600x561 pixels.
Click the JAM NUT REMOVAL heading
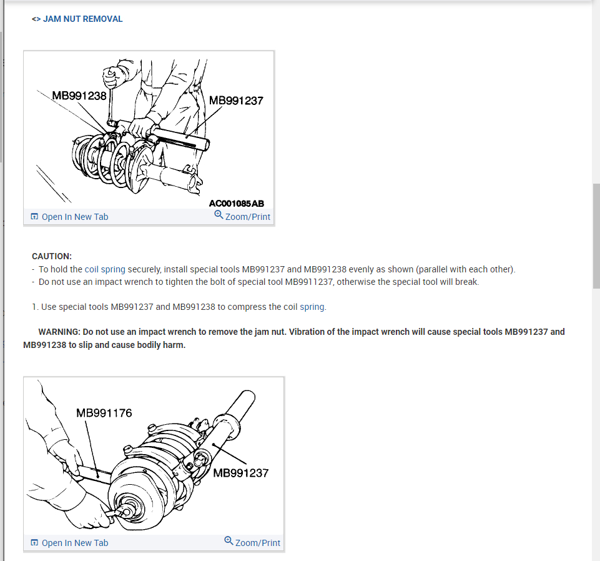click(x=82, y=19)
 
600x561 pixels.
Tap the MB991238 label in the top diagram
click(x=79, y=96)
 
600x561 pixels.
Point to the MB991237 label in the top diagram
click(x=236, y=100)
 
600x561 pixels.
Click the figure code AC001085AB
click(x=237, y=204)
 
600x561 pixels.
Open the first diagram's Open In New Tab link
click(x=74, y=217)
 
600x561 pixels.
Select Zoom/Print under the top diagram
click(x=247, y=217)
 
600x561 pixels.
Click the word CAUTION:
click(x=52, y=256)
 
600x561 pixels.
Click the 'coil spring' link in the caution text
click(x=105, y=269)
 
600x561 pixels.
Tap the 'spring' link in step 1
click(x=313, y=307)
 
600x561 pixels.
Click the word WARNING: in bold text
click(x=60, y=332)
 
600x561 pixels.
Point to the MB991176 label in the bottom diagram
click(x=104, y=413)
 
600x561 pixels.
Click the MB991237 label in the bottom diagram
click(x=240, y=473)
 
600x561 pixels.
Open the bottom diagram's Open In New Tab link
click(x=74, y=543)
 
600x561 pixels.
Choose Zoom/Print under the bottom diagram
click(x=257, y=543)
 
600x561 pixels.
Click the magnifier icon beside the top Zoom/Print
click(x=219, y=214)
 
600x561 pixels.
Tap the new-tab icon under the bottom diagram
click(x=34, y=543)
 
